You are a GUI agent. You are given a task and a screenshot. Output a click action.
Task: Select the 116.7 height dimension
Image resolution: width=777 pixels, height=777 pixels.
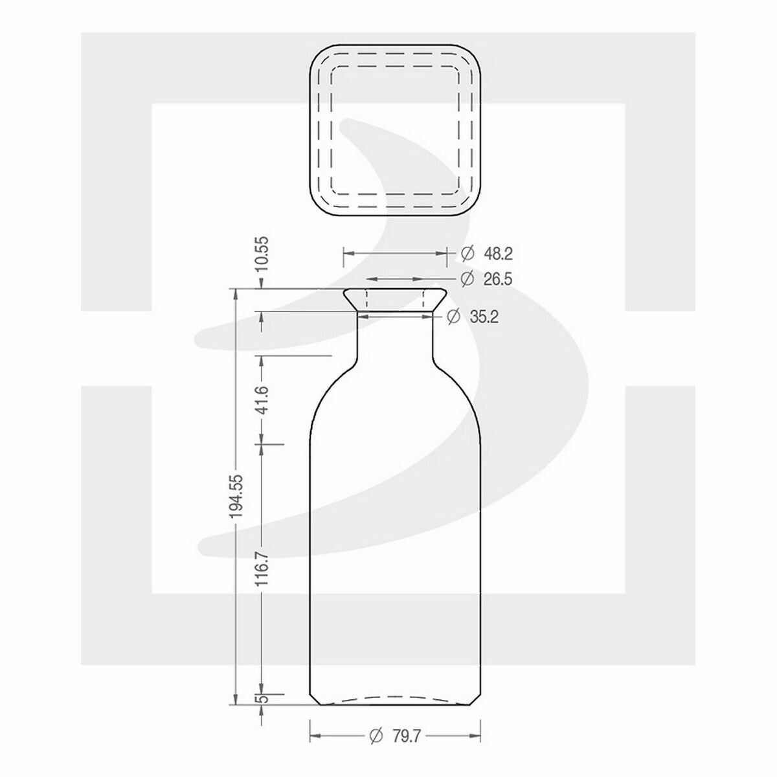[x=262, y=569]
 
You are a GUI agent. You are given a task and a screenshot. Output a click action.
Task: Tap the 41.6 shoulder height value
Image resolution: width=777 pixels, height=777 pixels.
[x=262, y=399]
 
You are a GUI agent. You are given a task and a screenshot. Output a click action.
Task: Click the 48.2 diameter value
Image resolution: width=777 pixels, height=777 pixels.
[x=497, y=254]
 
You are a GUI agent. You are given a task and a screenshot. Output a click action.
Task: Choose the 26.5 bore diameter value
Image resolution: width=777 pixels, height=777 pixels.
[x=497, y=278]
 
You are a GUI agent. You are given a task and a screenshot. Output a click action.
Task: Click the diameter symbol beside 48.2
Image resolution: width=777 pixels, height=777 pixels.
[x=466, y=254]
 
